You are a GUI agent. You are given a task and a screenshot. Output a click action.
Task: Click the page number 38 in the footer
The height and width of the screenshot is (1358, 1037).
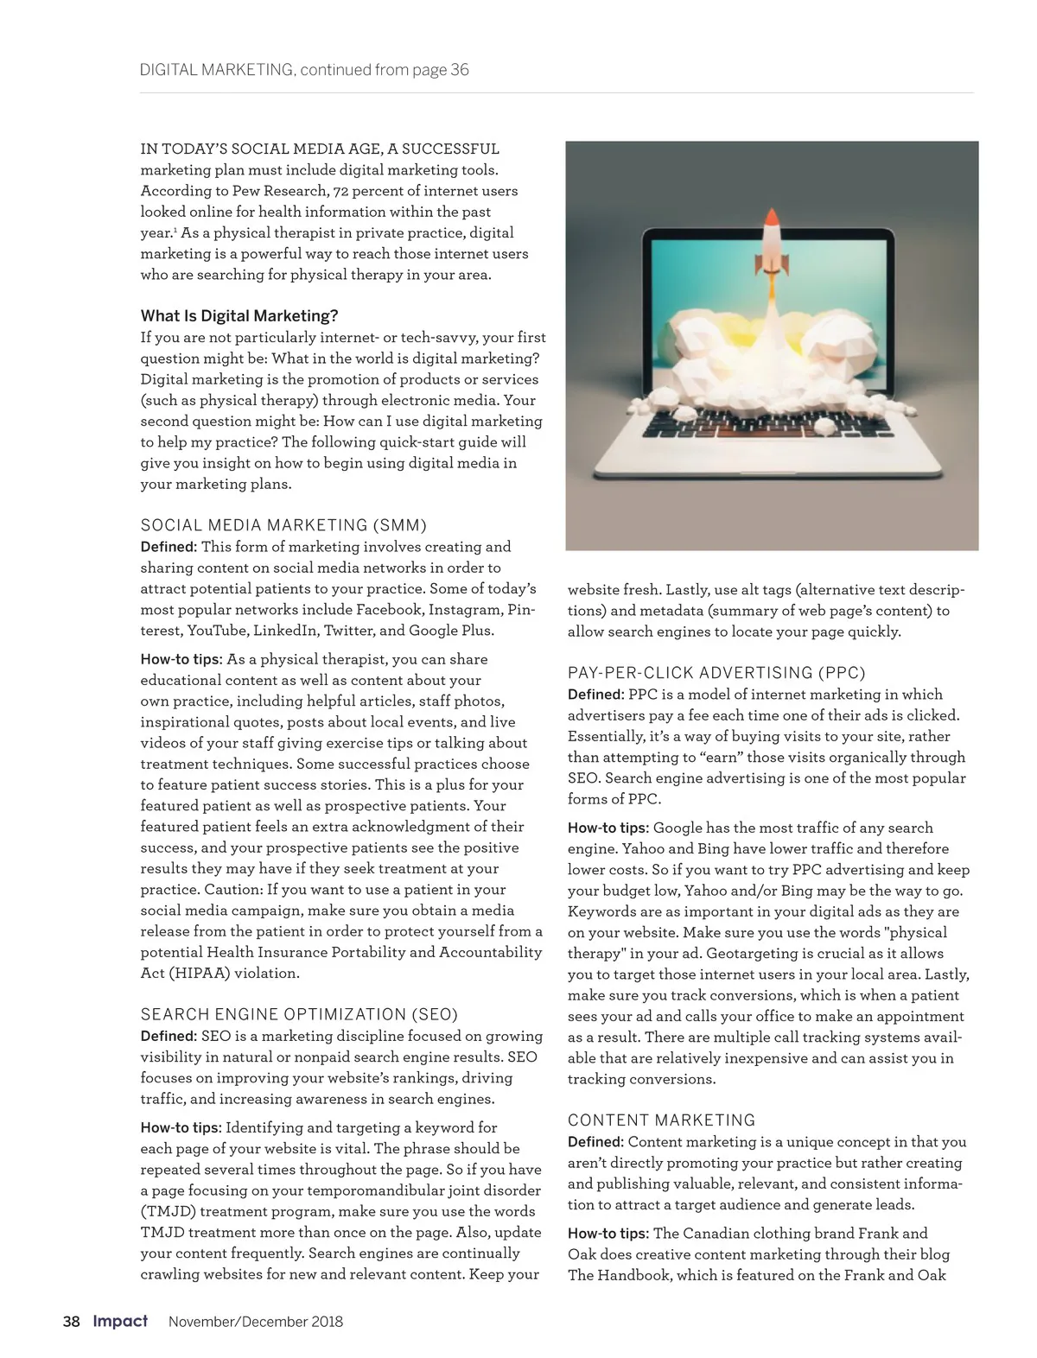[71, 1322]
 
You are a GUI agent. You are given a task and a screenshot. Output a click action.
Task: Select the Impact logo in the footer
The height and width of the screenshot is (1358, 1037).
[120, 1321]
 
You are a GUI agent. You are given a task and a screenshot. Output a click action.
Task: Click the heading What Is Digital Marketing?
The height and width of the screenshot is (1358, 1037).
[239, 316]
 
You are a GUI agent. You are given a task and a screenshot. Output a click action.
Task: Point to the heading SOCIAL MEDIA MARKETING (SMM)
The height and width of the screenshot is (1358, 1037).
[283, 525]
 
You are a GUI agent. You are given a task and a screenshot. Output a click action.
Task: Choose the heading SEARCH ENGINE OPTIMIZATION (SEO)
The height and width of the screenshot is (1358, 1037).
[299, 1014]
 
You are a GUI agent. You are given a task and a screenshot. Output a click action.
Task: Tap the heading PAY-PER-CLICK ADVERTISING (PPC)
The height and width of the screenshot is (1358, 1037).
[716, 673]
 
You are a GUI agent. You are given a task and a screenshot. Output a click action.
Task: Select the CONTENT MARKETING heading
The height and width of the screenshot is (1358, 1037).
[661, 1120]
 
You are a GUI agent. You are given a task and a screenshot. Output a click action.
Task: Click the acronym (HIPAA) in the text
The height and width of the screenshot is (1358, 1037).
[201, 974]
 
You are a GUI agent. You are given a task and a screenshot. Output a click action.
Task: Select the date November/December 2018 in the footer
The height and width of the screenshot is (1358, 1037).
[256, 1322]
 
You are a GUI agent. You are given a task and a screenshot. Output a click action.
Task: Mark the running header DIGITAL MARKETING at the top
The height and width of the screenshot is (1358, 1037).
[216, 70]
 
